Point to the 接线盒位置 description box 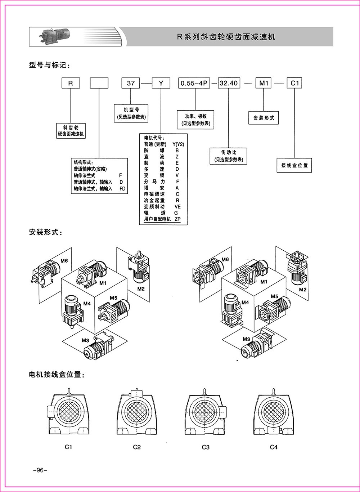(294, 166)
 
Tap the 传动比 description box (229, 156)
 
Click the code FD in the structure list (122, 188)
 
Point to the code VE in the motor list (177, 207)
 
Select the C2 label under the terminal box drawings (137, 447)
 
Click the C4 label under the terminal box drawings (274, 447)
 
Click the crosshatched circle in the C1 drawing (68, 411)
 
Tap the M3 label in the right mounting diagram (246, 339)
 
